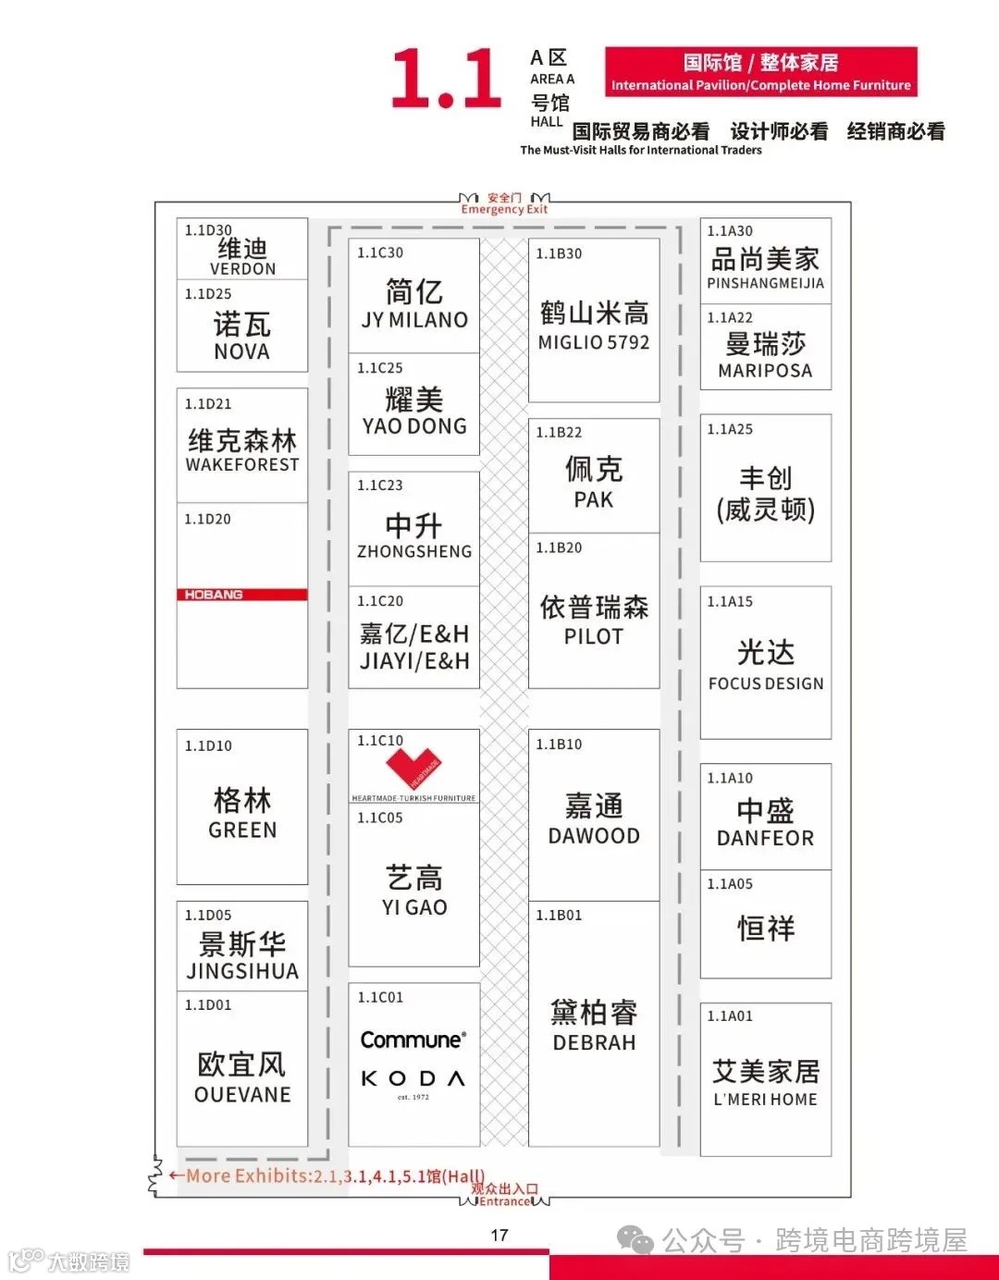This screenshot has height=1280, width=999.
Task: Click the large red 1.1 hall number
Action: click(x=446, y=80)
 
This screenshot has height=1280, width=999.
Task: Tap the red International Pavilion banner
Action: click(x=760, y=72)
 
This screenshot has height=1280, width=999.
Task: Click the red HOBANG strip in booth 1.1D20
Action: click(x=241, y=595)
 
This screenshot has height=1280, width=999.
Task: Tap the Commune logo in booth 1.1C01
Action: click(x=413, y=1040)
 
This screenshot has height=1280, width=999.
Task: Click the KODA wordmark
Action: click(x=413, y=1078)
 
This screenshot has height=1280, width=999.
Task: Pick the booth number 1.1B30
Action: click(x=559, y=253)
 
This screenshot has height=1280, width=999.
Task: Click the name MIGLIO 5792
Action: click(x=594, y=342)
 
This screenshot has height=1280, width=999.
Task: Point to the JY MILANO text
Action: click(x=414, y=320)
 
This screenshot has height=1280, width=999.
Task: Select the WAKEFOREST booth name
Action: click(x=242, y=464)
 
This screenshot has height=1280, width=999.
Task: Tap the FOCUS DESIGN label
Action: click(x=766, y=683)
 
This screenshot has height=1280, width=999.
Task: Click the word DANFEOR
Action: click(x=766, y=838)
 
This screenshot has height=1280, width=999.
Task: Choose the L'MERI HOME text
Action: click(x=766, y=1100)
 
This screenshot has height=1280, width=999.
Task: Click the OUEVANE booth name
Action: click(x=242, y=1094)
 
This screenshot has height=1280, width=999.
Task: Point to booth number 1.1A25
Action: click(x=730, y=429)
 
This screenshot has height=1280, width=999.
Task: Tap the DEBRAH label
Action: click(x=594, y=1042)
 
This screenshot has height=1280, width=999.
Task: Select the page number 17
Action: click(x=499, y=1236)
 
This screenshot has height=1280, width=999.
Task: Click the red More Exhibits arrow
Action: click(x=176, y=1175)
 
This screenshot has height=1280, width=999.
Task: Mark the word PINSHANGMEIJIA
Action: click(x=766, y=284)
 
